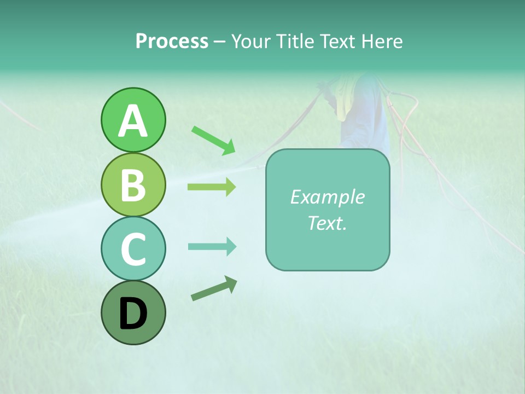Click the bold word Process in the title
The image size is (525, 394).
[x=172, y=42]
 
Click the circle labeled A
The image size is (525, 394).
[x=133, y=120]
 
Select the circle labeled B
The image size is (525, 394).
[x=133, y=184]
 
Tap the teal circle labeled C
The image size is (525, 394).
[x=133, y=248]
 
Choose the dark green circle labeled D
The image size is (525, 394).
[x=133, y=312]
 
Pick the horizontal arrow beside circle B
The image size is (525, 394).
[x=212, y=187]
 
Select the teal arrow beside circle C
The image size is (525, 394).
[x=212, y=247]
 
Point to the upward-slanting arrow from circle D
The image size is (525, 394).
[x=214, y=288]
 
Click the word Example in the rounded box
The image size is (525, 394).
[x=327, y=197]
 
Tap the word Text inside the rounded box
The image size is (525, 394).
[x=324, y=223]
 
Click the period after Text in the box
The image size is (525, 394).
[x=345, y=227]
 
